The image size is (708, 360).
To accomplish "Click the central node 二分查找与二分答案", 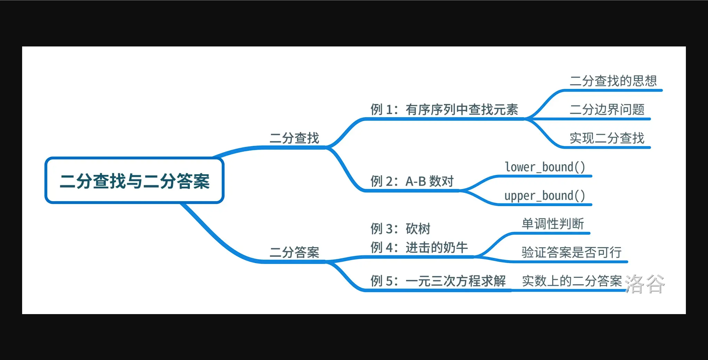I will click(x=134, y=181).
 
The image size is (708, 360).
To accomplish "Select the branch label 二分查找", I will click(x=294, y=138).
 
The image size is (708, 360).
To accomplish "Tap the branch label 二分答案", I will click(x=294, y=252).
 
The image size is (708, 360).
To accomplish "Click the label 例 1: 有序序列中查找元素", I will click(x=444, y=109).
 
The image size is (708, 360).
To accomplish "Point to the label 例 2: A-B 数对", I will click(x=412, y=181).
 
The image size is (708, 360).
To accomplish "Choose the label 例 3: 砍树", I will click(x=400, y=229).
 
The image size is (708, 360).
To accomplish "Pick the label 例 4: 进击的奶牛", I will click(x=419, y=247).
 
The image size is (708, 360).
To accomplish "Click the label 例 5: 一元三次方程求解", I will click(x=438, y=281).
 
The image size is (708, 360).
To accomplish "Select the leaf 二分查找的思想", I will click(x=613, y=81).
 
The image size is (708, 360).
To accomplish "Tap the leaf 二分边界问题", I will click(x=607, y=109).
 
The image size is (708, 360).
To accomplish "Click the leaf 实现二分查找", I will click(x=607, y=138).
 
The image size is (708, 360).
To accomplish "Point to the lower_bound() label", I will click(x=545, y=167).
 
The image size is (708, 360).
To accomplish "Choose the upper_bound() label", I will click(x=545, y=196).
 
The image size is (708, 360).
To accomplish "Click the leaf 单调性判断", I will click(x=553, y=224).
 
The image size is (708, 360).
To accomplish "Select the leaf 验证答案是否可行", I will click(x=572, y=252).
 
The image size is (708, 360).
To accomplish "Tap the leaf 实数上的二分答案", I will click(x=572, y=281).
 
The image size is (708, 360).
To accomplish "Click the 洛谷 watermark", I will click(x=645, y=284).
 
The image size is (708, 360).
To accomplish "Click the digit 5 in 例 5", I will click(x=389, y=281).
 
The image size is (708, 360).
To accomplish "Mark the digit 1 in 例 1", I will click(x=389, y=110).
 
